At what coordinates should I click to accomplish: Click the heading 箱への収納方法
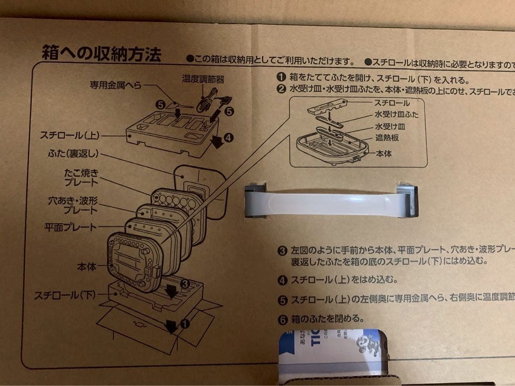(x=101, y=53)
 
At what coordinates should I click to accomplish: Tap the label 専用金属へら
(x=116, y=85)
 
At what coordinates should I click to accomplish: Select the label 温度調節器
(x=203, y=79)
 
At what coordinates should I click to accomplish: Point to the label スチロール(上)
(x=70, y=136)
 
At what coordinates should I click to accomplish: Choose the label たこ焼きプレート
(x=81, y=177)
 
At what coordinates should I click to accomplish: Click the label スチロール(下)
(x=65, y=295)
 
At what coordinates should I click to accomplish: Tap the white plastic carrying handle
(x=331, y=200)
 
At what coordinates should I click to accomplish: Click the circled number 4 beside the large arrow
(x=228, y=138)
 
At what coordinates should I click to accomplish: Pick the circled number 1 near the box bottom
(x=185, y=324)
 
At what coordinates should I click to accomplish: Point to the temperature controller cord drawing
(x=210, y=100)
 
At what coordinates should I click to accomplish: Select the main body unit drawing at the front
(x=133, y=262)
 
